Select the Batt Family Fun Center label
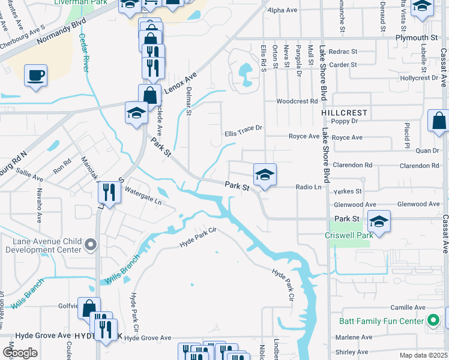tap(381, 321)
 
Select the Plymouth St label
tap(417, 37)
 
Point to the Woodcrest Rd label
tap(297, 101)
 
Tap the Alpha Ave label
tap(283, 11)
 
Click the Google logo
tap(19, 353)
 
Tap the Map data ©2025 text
tap(422, 355)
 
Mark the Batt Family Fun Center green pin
tap(432, 321)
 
